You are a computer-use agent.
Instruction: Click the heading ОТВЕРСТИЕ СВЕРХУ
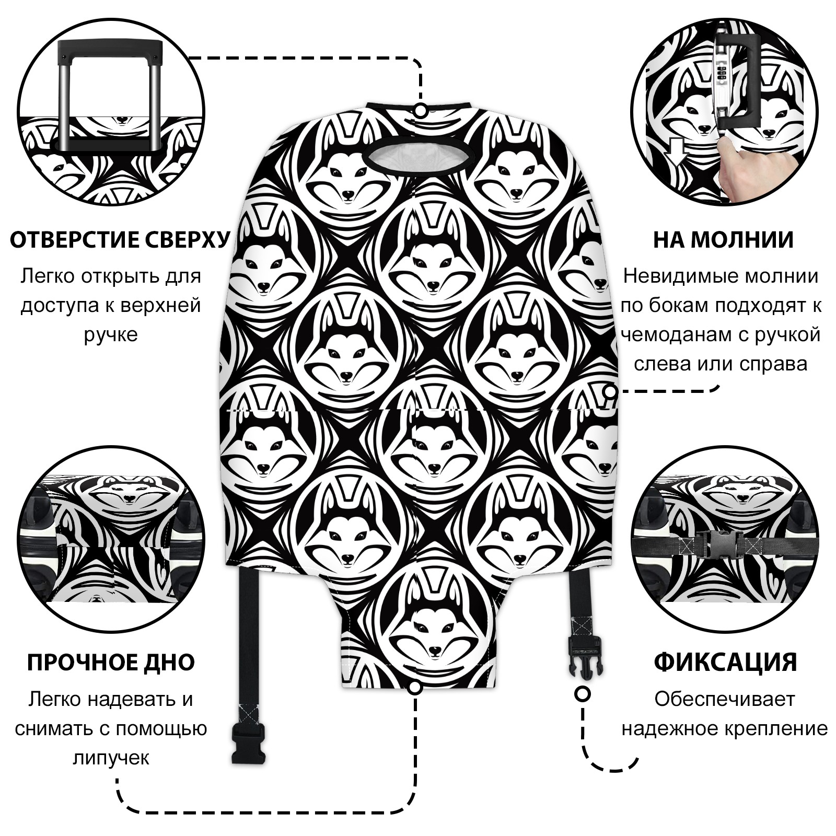pyautogui.click(x=120, y=239)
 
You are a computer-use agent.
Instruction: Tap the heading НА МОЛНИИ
pyautogui.click(x=723, y=239)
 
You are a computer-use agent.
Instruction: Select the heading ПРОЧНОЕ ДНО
pyautogui.click(x=111, y=662)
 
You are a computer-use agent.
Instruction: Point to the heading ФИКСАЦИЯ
pyautogui.click(x=725, y=662)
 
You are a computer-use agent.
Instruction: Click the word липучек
pyautogui.click(x=111, y=758)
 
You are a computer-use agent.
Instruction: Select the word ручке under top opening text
pyautogui.click(x=111, y=334)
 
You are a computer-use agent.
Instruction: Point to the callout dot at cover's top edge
pyautogui.click(x=420, y=111)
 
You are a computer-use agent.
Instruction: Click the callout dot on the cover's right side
pyautogui.click(x=610, y=391)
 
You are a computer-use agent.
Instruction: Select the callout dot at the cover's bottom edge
pyautogui.click(x=415, y=688)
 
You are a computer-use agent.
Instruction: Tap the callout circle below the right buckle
pyautogui.click(x=582, y=694)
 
